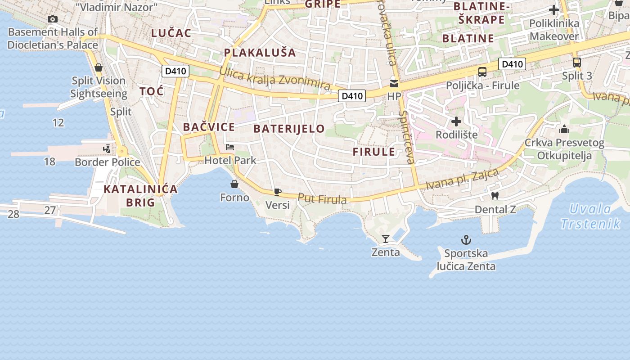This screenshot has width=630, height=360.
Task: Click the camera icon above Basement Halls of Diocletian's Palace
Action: click(x=53, y=19)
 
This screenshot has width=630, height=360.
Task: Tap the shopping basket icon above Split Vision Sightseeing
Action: click(x=99, y=67)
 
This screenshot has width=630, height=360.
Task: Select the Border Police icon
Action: click(x=107, y=148)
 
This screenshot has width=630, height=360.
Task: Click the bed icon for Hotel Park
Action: click(x=230, y=147)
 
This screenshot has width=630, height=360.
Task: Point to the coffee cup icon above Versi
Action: click(x=278, y=192)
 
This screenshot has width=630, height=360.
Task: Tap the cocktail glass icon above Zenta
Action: click(x=386, y=238)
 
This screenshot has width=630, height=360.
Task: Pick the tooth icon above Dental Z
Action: click(x=495, y=196)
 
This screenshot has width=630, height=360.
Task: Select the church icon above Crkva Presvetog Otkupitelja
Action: click(x=564, y=130)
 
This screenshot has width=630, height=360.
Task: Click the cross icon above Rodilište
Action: click(x=456, y=121)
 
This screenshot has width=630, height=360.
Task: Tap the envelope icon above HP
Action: click(x=394, y=83)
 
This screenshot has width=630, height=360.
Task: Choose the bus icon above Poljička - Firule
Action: click(x=482, y=72)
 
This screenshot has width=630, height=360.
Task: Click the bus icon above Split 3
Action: click(x=577, y=63)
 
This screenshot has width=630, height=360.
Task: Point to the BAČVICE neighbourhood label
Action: click(x=209, y=127)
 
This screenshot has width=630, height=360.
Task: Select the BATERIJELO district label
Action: click(x=289, y=129)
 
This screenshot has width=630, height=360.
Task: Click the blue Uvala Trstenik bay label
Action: click(x=590, y=216)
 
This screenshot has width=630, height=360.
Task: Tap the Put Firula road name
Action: click(x=322, y=198)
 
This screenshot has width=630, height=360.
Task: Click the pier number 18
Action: click(x=49, y=161)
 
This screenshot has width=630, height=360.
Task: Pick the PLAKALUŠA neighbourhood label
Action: click(x=260, y=53)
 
